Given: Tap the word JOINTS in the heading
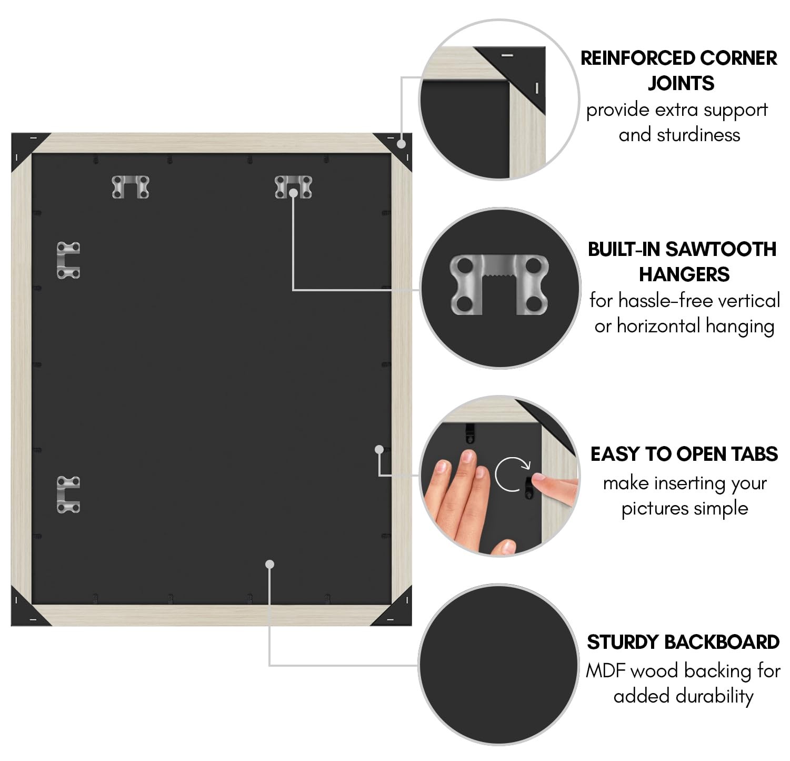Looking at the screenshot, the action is pos(681,83).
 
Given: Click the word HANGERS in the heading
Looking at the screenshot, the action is pos(684,274).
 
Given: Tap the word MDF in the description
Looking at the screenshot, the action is pos(606,671).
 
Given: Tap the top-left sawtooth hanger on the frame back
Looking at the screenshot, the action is pos(131,187).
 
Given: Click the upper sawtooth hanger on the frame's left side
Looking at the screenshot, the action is pos(68,260).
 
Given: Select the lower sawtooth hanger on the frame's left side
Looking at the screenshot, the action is pos(68,495).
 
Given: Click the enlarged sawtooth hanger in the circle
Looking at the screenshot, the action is pos(499,284).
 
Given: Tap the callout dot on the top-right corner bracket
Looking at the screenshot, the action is pos(402,143).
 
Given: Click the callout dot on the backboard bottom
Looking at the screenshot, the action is pos(270,564).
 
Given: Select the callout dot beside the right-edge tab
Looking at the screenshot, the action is pos(379,449).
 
